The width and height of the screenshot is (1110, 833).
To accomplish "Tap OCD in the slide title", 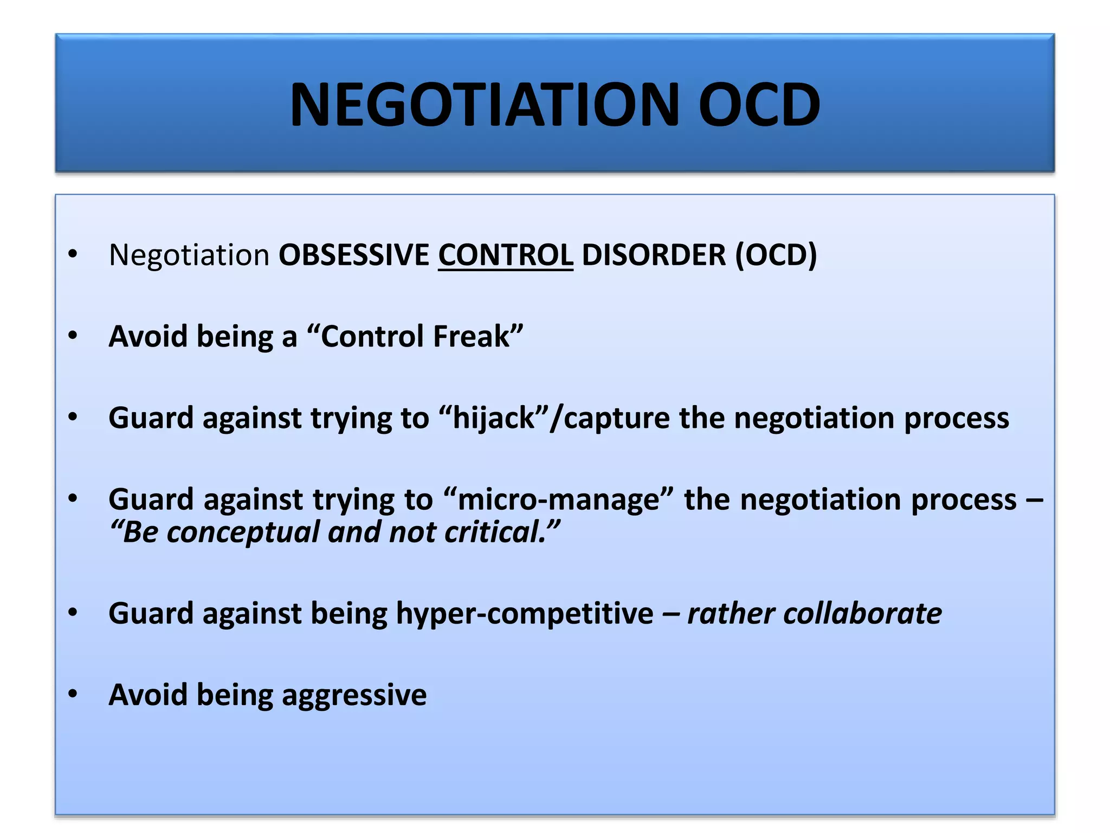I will coord(759,105).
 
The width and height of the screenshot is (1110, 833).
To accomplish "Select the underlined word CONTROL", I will coord(505,255).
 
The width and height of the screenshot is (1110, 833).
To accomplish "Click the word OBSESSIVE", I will coord(353,255).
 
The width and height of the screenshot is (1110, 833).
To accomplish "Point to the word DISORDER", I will coord(653,255).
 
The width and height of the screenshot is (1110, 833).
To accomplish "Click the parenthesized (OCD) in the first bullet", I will coord(776,255).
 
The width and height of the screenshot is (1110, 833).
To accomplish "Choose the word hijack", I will coord(494,418).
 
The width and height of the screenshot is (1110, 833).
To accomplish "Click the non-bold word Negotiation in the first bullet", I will coord(189,255).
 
